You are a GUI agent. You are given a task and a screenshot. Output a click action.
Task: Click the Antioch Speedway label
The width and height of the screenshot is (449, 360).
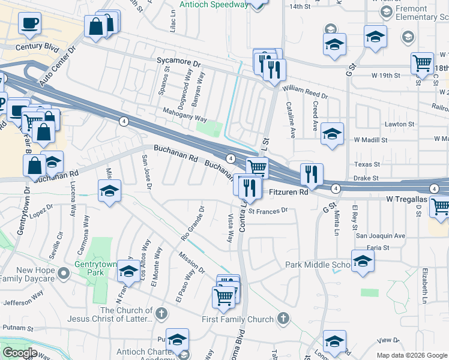(x=214, y=4)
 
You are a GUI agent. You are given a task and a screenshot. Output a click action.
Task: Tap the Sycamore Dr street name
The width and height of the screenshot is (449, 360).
(x=178, y=62)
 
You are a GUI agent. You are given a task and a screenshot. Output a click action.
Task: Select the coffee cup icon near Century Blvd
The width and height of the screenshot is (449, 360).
(x=29, y=24)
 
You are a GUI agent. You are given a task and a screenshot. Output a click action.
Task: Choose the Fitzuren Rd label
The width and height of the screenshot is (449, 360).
(x=288, y=192)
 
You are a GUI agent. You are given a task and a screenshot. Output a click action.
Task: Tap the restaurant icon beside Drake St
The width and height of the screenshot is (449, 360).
(x=311, y=175)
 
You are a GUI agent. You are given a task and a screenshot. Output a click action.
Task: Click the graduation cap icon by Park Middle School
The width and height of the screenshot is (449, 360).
(x=362, y=262)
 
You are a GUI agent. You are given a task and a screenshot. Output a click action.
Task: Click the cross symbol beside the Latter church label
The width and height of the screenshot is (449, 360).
(x=161, y=313)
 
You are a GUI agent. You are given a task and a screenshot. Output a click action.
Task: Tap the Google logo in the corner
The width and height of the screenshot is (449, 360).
(x=20, y=353)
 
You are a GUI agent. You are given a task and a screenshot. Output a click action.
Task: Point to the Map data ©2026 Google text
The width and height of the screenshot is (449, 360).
(x=411, y=355)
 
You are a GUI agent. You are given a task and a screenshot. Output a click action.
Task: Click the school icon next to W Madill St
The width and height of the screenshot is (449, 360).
(x=331, y=135)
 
